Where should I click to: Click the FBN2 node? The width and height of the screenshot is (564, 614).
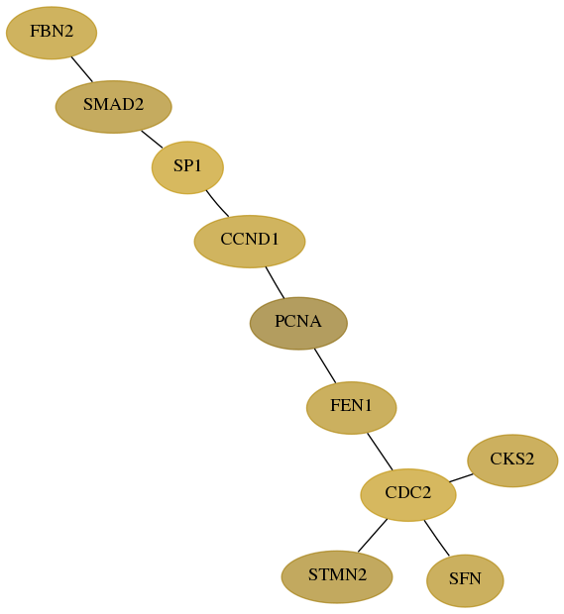tap(52, 33)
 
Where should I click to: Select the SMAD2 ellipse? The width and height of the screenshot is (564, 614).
tap(114, 107)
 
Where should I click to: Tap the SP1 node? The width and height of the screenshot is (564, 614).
tap(187, 167)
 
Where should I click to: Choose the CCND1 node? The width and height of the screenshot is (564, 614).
tap(250, 242)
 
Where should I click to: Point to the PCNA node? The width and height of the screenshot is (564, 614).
tap(298, 324)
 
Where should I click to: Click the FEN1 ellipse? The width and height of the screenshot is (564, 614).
tap(352, 408)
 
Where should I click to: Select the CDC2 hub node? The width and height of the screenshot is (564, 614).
tap(408, 495)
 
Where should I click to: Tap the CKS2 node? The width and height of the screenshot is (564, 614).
tap(512, 460)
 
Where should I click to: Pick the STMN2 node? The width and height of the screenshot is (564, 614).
tap(337, 577)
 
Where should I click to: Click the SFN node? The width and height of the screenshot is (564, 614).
tap(465, 581)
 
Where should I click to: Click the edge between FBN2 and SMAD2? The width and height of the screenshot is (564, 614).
tap(82, 69)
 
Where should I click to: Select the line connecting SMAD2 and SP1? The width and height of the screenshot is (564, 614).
tap(152, 140)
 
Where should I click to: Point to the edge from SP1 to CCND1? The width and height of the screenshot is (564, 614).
tap(217, 204)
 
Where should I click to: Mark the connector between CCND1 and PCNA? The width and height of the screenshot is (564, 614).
tap(275, 282)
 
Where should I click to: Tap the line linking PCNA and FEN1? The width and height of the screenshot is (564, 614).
tap(325, 366)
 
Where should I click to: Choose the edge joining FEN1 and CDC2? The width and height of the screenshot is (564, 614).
tap(380, 452)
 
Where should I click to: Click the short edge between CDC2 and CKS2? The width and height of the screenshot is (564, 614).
tap(461, 477)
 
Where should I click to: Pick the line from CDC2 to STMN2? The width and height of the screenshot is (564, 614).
tap(373, 536)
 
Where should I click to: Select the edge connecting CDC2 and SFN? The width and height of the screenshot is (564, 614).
tap(436, 539)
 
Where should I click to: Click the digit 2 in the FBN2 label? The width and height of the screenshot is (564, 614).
tap(68, 32)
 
